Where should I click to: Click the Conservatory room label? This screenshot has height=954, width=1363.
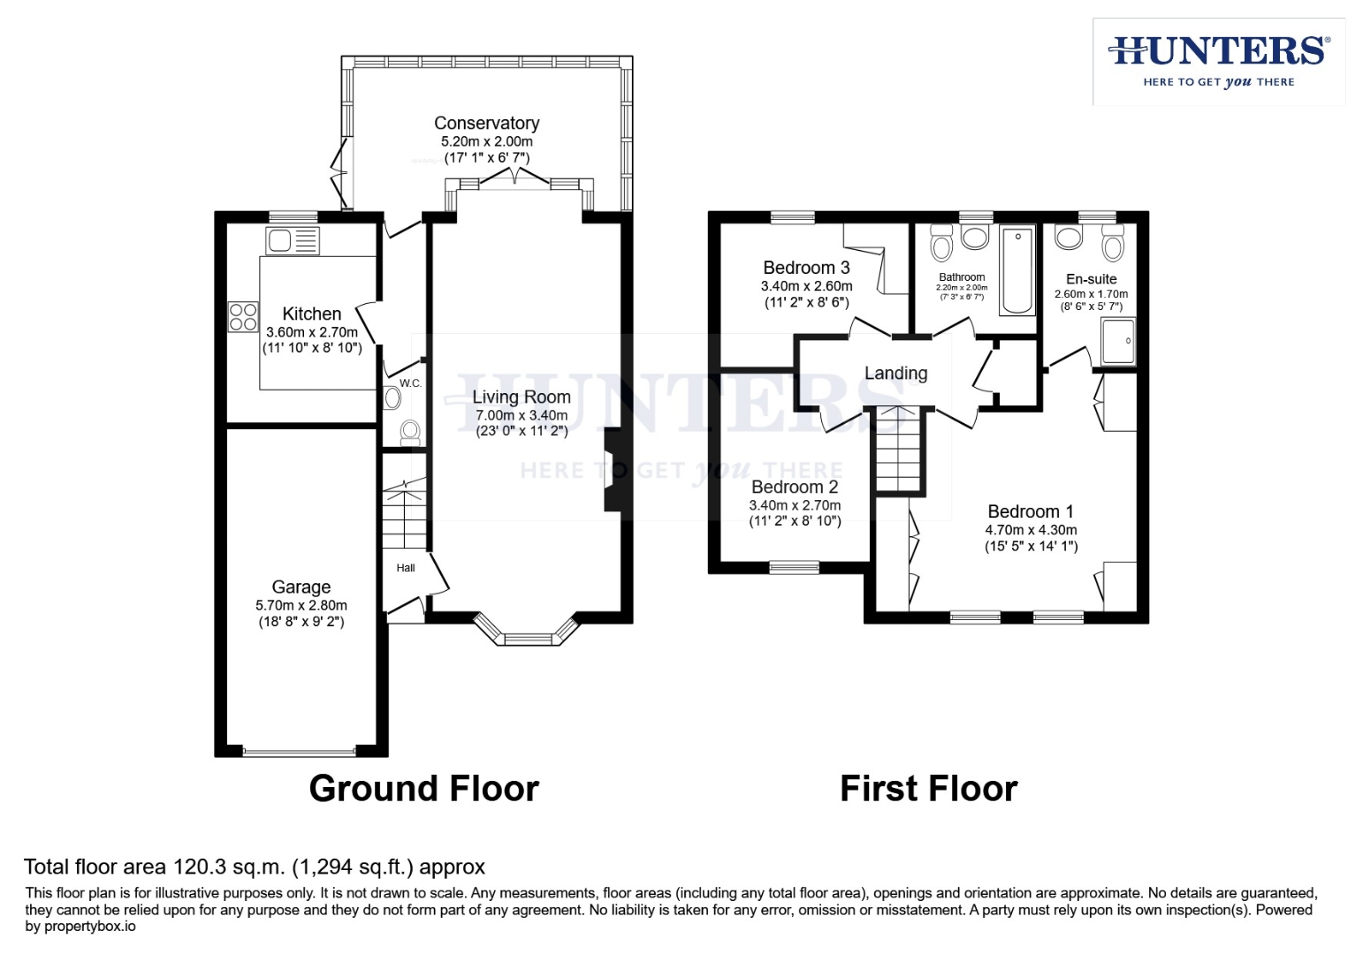[486, 124]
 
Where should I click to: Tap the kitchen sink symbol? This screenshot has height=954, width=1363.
[293, 240]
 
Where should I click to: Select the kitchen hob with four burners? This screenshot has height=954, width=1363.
[243, 316]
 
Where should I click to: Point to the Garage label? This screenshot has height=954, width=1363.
[301, 587]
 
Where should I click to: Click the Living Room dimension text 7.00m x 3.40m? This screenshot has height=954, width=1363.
[522, 415]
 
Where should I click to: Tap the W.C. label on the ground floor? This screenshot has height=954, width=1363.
[410, 383]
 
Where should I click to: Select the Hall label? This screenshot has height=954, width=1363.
[406, 568]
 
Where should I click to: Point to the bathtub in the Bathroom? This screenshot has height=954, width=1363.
[1017, 270]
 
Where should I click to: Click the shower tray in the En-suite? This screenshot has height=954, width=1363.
[1118, 341]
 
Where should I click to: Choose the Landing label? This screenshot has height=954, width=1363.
[895, 374]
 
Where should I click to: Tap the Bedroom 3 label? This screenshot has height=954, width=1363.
[806, 268]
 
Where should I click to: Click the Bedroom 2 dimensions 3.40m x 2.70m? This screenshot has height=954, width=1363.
[795, 505]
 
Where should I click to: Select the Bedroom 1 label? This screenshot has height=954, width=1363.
[1031, 511]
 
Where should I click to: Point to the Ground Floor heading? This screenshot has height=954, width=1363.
[423, 789]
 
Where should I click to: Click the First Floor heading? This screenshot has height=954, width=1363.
[928, 789]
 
